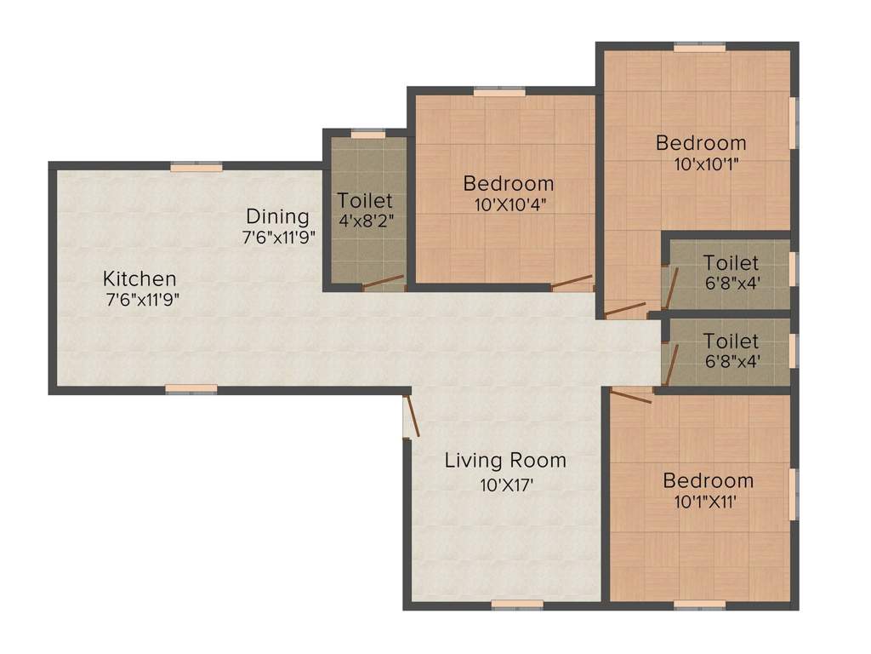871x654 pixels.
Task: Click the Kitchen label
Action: click(139, 278)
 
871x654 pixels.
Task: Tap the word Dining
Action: click(278, 217)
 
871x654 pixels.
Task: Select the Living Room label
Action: click(505, 461)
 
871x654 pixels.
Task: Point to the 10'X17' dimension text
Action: click(507, 485)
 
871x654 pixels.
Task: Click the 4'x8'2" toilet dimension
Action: click(366, 221)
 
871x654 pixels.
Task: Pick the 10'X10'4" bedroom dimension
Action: click(510, 205)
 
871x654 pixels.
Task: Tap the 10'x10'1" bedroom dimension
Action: click(707, 164)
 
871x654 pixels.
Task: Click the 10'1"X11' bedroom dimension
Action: click(705, 502)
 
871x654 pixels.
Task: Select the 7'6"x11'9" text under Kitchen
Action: click(143, 301)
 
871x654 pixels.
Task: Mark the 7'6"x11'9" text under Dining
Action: click(279, 238)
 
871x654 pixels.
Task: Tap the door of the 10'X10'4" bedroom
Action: click(572, 282)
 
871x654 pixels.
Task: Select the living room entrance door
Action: click(413, 416)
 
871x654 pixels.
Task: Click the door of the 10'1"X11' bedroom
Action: click(631, 396)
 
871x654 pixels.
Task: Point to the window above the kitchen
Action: click(196, 167)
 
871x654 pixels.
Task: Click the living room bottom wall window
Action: click(518, 605)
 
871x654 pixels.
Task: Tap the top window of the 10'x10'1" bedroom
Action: click(700, 48)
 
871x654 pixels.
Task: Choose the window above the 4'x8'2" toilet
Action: click(368, 134)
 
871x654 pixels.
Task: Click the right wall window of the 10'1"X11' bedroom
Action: click(794, 495)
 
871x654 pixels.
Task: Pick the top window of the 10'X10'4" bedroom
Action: click(499, 92)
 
